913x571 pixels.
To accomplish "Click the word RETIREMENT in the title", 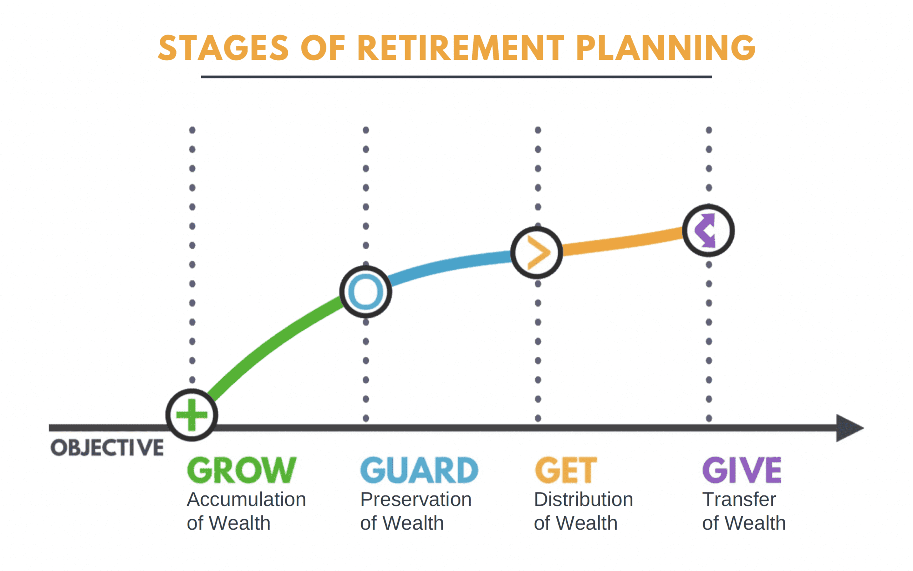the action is tap(460, 48).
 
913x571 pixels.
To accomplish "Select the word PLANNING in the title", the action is tap(665, 48).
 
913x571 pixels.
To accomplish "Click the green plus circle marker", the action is tap(192, 415).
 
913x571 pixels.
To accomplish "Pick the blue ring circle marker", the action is tap(366, 291).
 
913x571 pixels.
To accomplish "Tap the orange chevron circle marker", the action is tap(536, 253).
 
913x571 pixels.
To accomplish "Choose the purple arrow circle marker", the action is tap(708, 230).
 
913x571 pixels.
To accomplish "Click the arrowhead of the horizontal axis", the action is tap(850, 428).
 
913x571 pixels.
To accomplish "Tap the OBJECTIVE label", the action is tap(107, 448).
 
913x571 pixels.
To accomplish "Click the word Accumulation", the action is tap(246, 499).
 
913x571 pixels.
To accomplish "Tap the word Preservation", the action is tap(416, 499).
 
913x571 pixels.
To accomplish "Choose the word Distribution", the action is tap(583, 499).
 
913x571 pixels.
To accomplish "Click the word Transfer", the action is tap(739, 499).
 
